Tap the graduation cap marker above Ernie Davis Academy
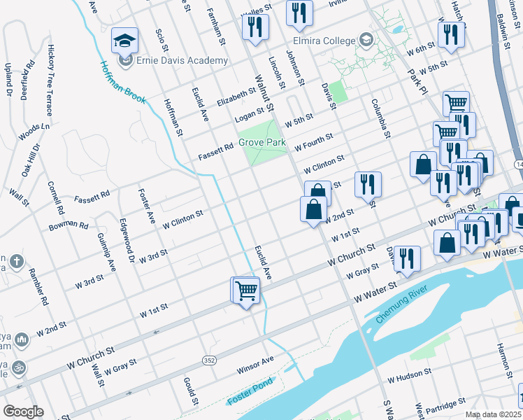(x=125, y=41)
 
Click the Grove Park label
(x=262, y=142)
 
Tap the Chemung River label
(x=401, y=306)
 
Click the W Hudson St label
(x=410, y=377)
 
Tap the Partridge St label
(x=445, y=405)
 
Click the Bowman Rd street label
(x=69, y=226)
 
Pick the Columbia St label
(x=382, y=115)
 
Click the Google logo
(x=23, y=411)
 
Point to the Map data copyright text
(x=493, y=414)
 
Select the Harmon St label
(x=501, y=357)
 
